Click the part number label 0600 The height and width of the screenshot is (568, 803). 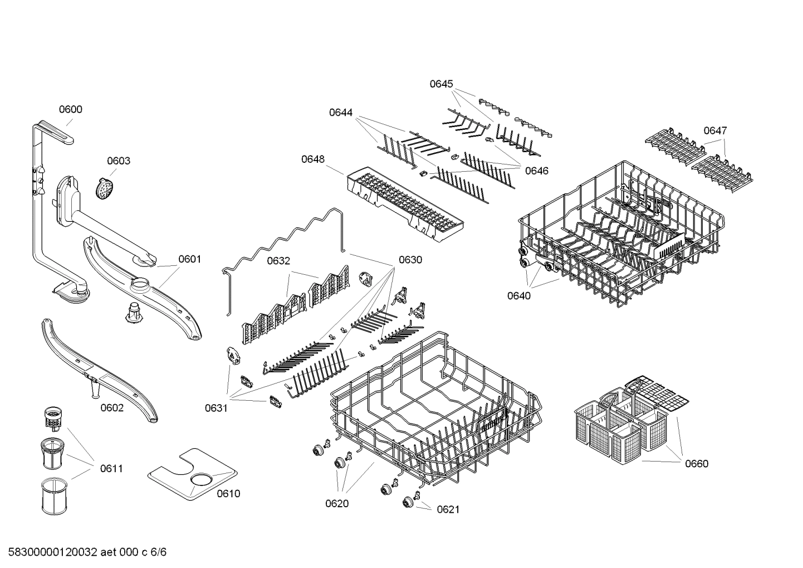(71, 109)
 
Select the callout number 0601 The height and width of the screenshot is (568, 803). (189, 259)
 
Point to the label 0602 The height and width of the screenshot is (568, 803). (112, 408)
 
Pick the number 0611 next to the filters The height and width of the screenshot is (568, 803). (111, 469)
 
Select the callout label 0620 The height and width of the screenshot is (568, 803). (337, 504)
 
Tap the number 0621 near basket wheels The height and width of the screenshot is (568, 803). (448, 509)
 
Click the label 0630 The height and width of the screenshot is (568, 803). (410, 260)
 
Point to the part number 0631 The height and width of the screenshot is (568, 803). (216, 408)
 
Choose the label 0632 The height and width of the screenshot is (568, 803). (278, 261)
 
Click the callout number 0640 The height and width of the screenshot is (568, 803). (518, 296)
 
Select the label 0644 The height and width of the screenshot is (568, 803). (340, 113)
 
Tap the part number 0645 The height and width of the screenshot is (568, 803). (441, 84)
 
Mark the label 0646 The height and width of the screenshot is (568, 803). (537, 171)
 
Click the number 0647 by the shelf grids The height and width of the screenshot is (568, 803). (715, 130)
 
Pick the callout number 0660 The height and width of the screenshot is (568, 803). (697, 464)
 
